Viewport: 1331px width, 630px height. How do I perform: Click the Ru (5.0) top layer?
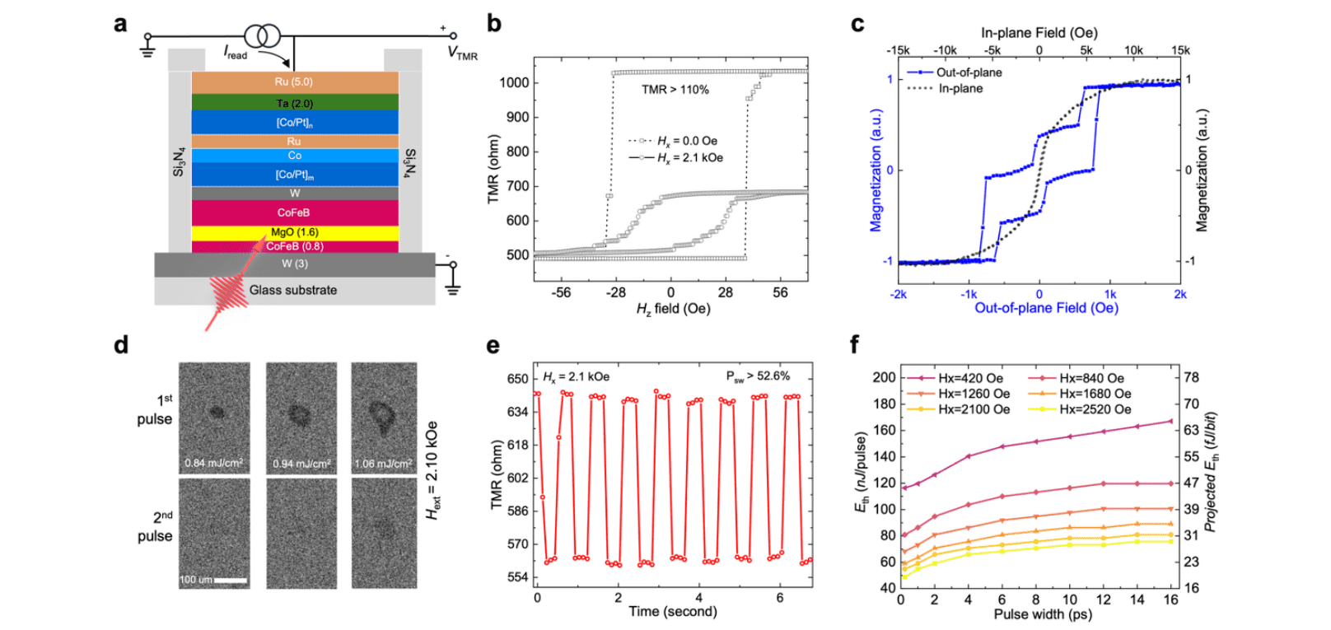tap(294, 82)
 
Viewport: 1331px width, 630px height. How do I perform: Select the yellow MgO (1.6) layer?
tap(294, 232)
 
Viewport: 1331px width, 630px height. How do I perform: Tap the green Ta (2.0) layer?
tap(294, 103)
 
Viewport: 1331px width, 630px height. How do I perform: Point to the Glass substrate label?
tap(293, 290)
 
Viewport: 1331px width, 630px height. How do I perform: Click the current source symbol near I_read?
tap(262, 36)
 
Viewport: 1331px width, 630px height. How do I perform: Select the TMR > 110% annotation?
tap(675, 89)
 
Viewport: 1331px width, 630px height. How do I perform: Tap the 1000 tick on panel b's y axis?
tap(514, 82)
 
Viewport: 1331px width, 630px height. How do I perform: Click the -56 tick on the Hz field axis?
tap(561, 292)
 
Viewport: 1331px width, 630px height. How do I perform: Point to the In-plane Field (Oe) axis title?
tap(1039, 32)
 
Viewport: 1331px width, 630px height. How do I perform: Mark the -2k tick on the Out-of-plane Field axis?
tap(898, 294)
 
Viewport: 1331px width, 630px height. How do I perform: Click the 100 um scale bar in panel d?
tap(230, 581)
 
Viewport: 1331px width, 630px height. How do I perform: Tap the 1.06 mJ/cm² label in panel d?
tap(383, 464)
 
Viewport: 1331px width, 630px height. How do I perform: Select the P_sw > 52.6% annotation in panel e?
tap(757, 376)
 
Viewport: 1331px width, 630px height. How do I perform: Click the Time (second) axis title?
tap(672, 611)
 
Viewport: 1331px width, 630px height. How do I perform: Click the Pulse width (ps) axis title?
tap(1042, 614)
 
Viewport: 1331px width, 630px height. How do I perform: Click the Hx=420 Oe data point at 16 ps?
tap(1171, 421)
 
